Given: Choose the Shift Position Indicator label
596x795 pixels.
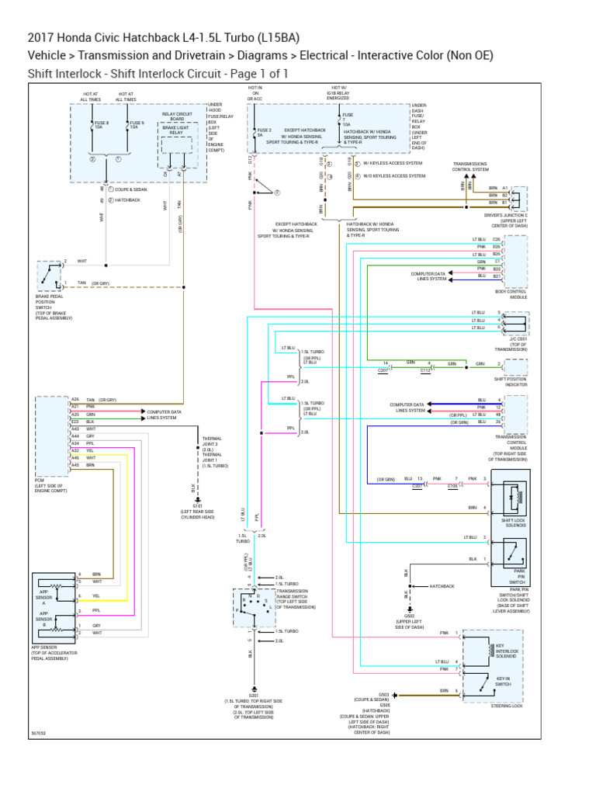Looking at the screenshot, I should coord(511,382).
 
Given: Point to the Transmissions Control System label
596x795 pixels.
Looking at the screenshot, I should coord(470,166).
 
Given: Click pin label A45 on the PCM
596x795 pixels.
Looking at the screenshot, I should coord(75,465).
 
